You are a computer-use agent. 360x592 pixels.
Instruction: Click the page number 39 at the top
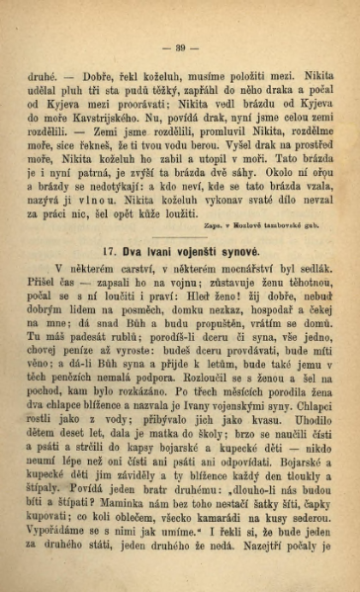(x=181, y=45)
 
